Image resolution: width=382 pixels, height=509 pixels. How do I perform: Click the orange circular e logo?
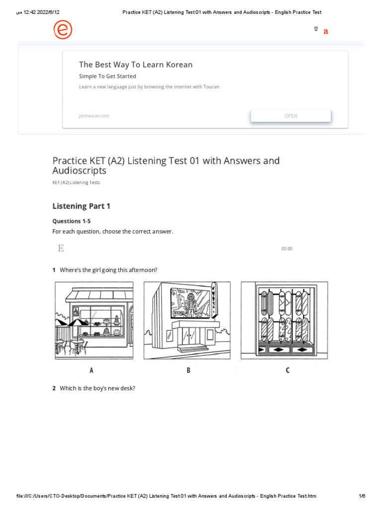point(63,30)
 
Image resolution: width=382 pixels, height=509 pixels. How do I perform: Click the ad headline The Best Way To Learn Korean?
point(135,65)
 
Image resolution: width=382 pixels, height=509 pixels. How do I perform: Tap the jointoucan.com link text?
point(94,116)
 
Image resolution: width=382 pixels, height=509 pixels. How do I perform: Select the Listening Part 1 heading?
point(81,206)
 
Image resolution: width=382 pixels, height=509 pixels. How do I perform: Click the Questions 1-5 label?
point(72,221)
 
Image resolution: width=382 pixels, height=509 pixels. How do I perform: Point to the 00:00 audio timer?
point(286,249)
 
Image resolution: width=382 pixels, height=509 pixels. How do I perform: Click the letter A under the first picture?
point(92,370)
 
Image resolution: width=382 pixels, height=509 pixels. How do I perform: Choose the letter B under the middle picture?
point(189,370)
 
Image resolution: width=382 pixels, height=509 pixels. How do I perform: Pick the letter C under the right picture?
point(287,370)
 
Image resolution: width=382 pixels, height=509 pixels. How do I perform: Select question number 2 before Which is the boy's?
point(54,388)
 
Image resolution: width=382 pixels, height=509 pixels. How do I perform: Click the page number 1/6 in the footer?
point(362,496)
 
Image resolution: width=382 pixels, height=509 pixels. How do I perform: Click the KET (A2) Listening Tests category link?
point(76,182)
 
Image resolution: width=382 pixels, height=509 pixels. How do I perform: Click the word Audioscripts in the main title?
point(80,170)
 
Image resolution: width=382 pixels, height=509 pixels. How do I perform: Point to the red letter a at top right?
point(326,31)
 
